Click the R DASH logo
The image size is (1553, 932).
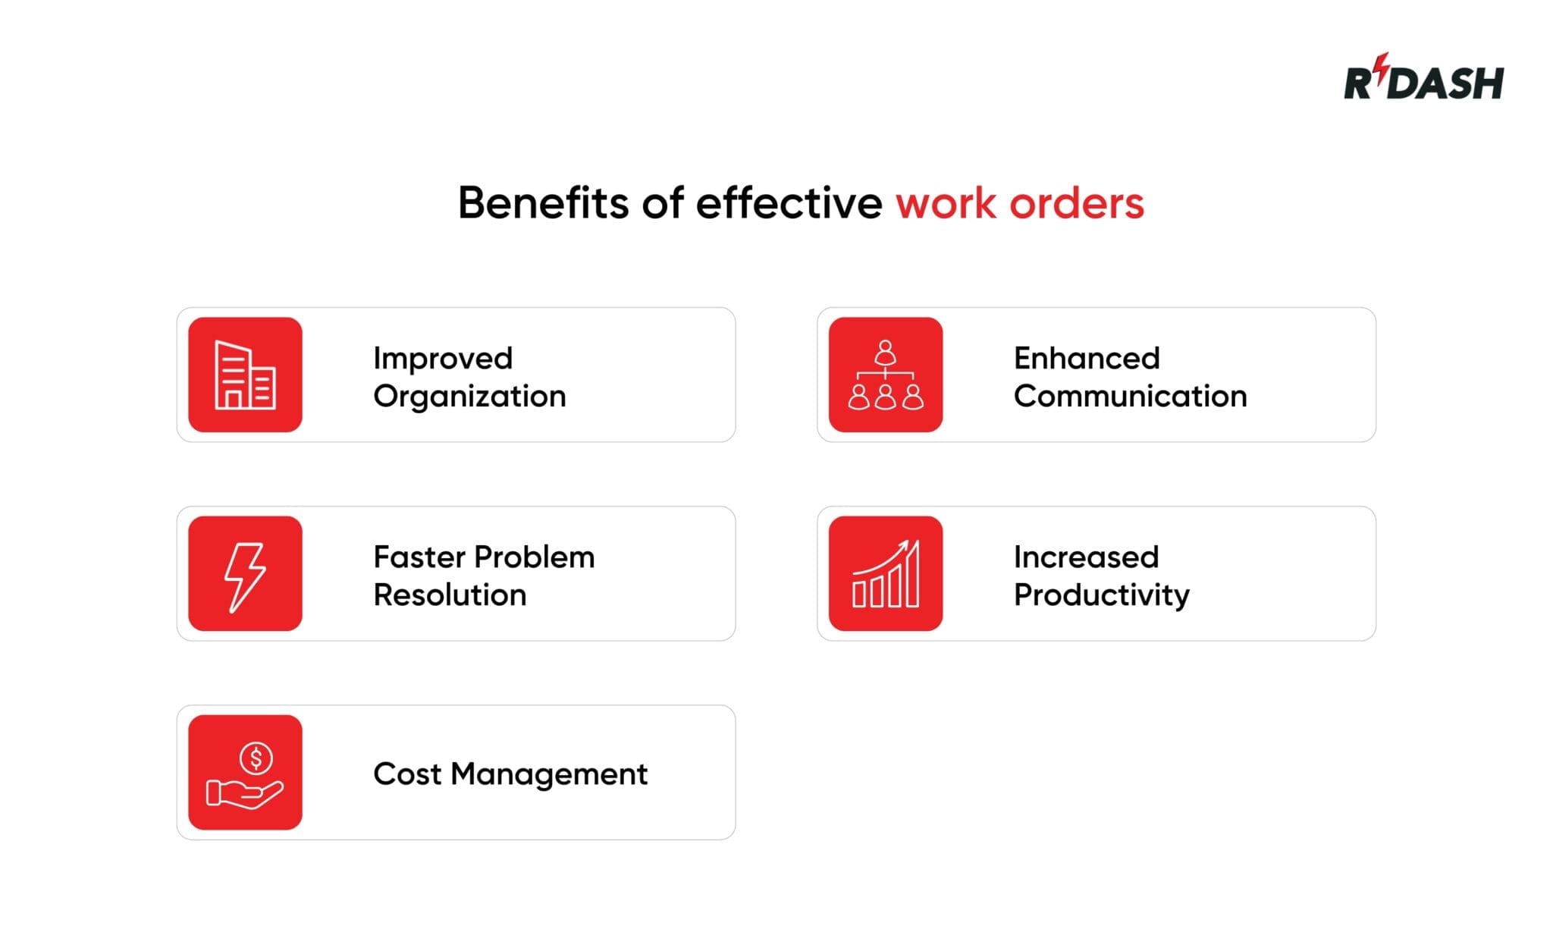pos(1423,81)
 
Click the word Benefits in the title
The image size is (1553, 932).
pos(543,203)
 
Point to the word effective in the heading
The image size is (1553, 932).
pos(789,203)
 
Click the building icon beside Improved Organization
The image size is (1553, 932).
pos(245,375)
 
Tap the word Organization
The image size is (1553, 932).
pos(469,397)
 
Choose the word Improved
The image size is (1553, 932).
pos(443,359)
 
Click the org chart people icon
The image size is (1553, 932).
pos(885,375)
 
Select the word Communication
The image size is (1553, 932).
pos(1130,397)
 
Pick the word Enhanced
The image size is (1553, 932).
pos(1086,358)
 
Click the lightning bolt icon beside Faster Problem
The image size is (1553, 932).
pos(245,574)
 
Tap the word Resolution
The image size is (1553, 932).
pos(450,595)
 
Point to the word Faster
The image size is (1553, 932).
pos(419,557)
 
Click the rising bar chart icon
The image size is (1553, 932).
pos(885,574)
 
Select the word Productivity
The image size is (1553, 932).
pos(1101,596)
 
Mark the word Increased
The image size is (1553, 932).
pos(1086,557)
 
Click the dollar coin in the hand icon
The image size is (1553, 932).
pos(256,758)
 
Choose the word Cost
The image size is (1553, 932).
pos(406,774)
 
